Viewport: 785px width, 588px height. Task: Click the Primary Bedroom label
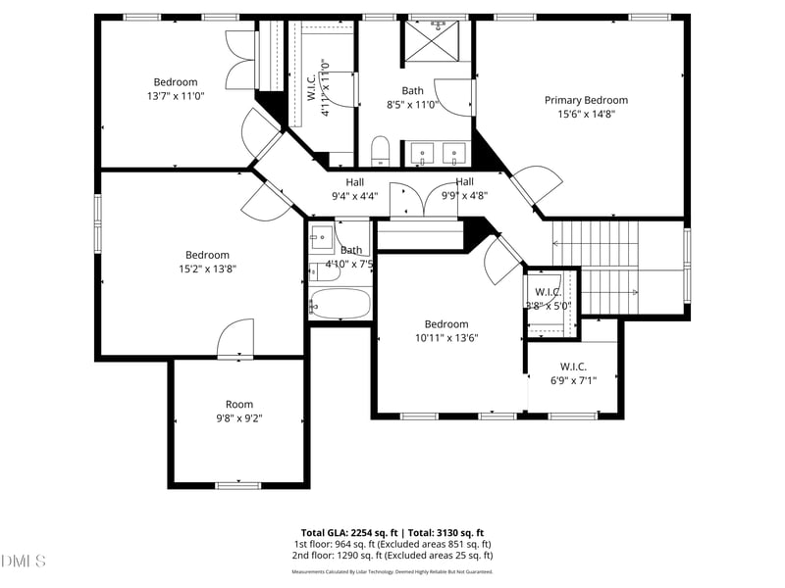pos(586,100)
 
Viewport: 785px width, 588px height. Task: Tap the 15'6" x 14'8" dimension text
pos(586,114)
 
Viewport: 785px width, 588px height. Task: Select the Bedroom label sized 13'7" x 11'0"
pos(175,82)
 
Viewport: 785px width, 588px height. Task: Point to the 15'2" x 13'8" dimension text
pos(207,269)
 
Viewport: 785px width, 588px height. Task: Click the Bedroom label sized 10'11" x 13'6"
pos(445,324)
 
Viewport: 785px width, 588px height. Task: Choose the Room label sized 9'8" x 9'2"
pos(238,404)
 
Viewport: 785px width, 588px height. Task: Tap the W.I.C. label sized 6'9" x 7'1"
pos(573,367)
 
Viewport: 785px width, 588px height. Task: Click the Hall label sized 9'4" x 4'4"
pos(354,182)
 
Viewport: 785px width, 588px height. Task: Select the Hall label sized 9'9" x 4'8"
pos(464,182)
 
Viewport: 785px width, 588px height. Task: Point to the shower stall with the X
pos(425,41)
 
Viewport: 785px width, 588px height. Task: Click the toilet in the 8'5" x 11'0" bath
pos(382,150)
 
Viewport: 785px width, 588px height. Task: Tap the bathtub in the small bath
pos(340,303)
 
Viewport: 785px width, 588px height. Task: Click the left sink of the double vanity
pos(421,151)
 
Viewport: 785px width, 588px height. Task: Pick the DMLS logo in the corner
pos(25,562)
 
